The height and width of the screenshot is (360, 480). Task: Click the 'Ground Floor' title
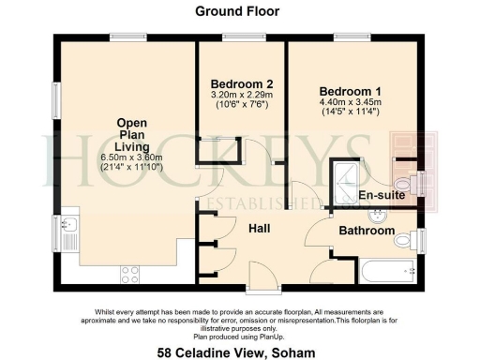(238, 11)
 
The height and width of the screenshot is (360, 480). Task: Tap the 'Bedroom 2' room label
(240, 82)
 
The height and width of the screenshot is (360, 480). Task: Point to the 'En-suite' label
(382, 196)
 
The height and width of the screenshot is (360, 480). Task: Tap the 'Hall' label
(260, 228)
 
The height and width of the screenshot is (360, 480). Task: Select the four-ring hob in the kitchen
(130, 275)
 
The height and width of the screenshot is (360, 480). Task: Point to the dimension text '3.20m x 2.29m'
(240, 95)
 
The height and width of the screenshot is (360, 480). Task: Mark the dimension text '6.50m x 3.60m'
(130, 157)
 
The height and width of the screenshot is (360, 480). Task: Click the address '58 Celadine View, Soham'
(238, 352)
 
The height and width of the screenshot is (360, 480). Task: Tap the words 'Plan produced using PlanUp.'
(239, 335)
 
